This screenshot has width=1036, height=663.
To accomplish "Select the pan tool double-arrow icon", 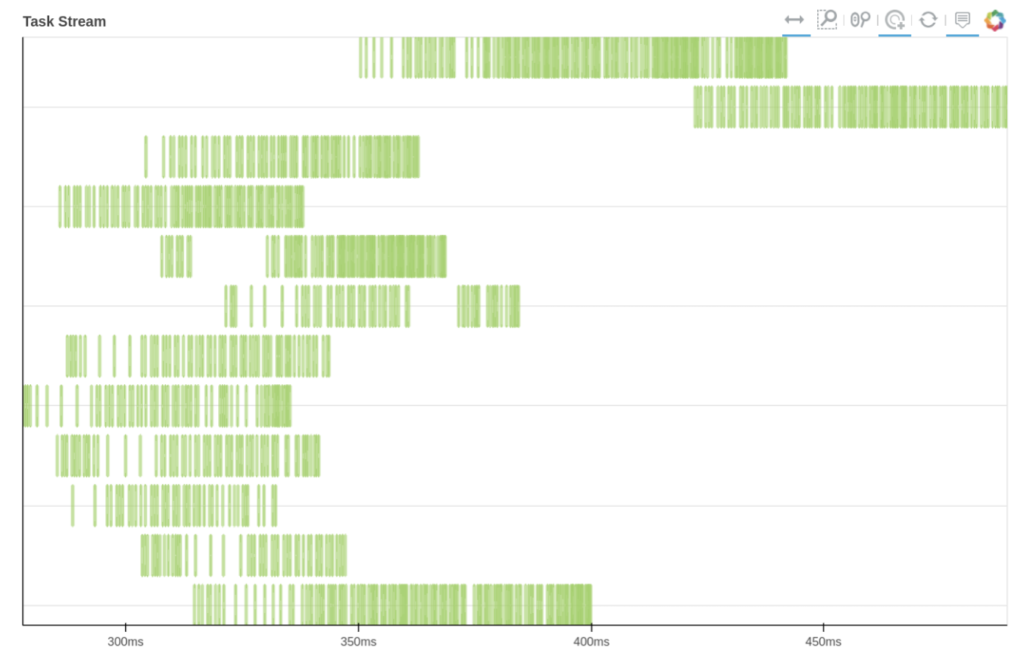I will tap(794, 20).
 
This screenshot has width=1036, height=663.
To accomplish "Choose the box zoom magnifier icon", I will tap(827, 20).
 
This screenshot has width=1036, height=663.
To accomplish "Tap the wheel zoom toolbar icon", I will tap(860, 20).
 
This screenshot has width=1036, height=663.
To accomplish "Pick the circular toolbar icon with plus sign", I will tap(895, 20).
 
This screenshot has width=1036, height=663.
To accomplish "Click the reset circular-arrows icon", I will tap(928, 20).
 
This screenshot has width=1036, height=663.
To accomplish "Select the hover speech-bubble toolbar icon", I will tap(963, 20).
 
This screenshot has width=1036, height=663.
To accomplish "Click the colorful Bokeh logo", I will tap(995, 20).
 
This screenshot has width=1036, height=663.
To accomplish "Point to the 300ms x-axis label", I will tap(126, 642).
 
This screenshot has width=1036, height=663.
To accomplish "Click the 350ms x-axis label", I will tap(358, 642).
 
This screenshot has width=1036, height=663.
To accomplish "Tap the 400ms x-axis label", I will tap(591, 642).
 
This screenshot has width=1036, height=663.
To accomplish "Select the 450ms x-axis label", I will tap(823, 642).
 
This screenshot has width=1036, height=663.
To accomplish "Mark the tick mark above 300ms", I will tap(126, 628).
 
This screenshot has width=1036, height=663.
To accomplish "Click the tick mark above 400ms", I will tap(591, 628).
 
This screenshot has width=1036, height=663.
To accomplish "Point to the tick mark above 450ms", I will tap(823, 628).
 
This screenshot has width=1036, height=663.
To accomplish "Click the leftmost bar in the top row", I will tap(360, 58).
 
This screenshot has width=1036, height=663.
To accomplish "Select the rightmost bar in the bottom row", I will tap(590, 604).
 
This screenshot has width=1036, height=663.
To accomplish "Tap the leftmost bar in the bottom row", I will tap(195, 604).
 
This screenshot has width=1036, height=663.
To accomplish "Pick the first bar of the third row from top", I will tap(146, 157).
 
